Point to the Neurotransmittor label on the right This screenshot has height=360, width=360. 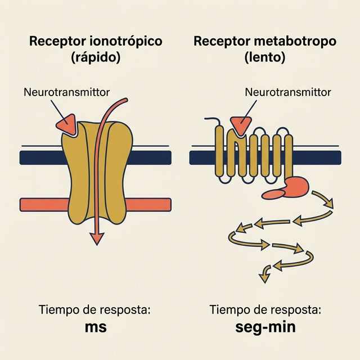tap(288, 91)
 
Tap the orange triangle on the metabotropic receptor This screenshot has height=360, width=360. tap(242, 124)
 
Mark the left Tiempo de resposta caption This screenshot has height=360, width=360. tap(96, 309)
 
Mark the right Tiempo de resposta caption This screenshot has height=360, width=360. tap(265, 309)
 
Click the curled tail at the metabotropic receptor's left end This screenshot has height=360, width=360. tap(211, 120)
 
